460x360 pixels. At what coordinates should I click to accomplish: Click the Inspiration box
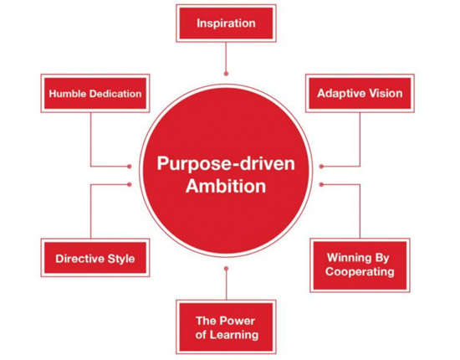pos(226,23)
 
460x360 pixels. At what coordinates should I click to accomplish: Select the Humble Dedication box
pos(95,94)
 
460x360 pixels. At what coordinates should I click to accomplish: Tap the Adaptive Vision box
pos(360,94)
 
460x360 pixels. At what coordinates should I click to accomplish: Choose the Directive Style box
pos(95,258)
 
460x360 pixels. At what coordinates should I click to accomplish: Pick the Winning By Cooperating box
pos(360,265)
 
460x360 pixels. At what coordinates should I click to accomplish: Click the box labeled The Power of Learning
pos(226,327)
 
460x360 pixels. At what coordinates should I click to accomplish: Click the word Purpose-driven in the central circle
pos(226,164)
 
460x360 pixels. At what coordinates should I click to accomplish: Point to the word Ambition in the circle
pos(226,186)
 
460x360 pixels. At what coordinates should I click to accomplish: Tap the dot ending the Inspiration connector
pos(226,74)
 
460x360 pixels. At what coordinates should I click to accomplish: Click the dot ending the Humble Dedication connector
pos(130,167)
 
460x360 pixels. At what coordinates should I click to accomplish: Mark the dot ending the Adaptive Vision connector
pos(321,167)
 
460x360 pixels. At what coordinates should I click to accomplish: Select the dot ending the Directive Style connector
pos(130,184)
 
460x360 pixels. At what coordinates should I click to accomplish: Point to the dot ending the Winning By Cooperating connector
pos(321,184)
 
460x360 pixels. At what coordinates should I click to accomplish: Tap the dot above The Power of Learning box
pos(226,269)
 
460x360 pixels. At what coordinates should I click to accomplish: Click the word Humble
pos(68,94)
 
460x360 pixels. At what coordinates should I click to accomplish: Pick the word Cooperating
pos(360,272)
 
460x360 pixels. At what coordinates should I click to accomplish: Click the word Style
pos(121,259)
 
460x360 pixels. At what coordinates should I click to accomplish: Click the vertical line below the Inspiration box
pos(226,57)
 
